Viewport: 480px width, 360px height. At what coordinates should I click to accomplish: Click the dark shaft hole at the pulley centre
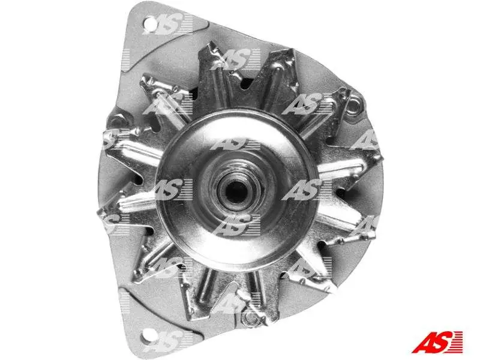tap(236, 191)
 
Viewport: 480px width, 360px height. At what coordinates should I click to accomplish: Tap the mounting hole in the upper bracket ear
tap(149, 23)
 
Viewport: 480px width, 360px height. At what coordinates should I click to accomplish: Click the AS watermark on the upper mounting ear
tap(168, 24)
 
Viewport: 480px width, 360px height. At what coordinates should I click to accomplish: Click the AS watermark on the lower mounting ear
tap(168, 341)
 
